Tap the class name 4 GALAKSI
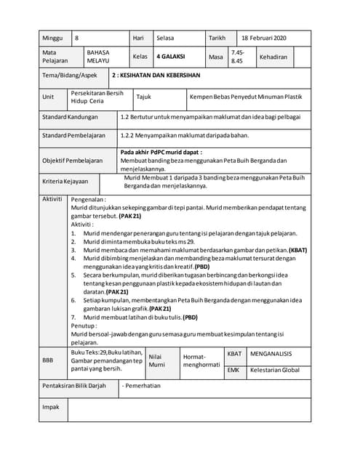(172, 56)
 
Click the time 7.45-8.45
(238, 57)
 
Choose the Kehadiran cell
(273, 56)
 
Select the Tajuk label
(143, 97)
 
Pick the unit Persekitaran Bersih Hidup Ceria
(97, 97)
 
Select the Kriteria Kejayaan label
(65, 182)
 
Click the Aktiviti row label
(52, 198)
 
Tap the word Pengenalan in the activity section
(88, 198)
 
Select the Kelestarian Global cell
(274, 370)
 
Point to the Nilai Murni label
(157, 361)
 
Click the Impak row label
(50, 408)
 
